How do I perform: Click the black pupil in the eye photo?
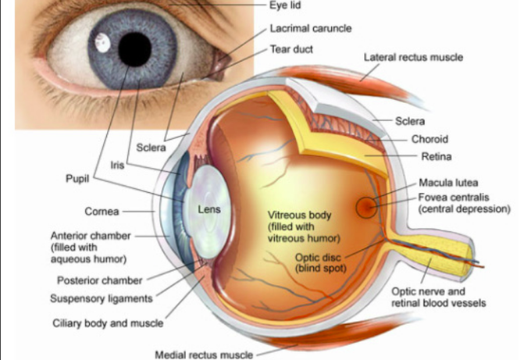pyautogui.click(x=134, y=49)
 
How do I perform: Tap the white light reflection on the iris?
pyautogui.click(x=102, y=43)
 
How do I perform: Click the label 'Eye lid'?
pyautogui.click(x=285, y=5)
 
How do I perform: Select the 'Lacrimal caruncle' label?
pyautogui.click(x=311, y=28)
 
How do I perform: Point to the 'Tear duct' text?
pyautogui.click(x=291, y=49)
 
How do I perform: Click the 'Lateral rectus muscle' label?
pyautogui.click(x=413, y=57)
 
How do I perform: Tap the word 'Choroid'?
pyautogui.click(x=429, y=139)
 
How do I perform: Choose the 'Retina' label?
pyautogui.click(x=437, y=156)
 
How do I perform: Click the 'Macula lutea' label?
pyautogui.click(x=448, y=183)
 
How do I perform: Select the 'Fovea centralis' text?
pyautogui.click(x=454, y=197)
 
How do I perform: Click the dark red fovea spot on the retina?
pyautogui.click(x=367, y=207)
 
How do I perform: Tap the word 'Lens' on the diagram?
pyautogui.click(x=209, y=209)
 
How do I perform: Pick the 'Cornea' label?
pyautogui.click(x=102, y=212)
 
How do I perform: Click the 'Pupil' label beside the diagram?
pyautogui.click(x=77, y=179)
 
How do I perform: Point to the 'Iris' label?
pyautogui.click(x=117, y=166)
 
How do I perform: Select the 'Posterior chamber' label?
pyautogui.click(x=100, y=281)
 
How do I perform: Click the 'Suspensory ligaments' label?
pyautogui.click(x=102, y=299)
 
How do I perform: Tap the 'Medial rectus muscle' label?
pyautogui.click(x=204, y=355)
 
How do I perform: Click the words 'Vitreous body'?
pyautogui.click(x=299, y=215)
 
